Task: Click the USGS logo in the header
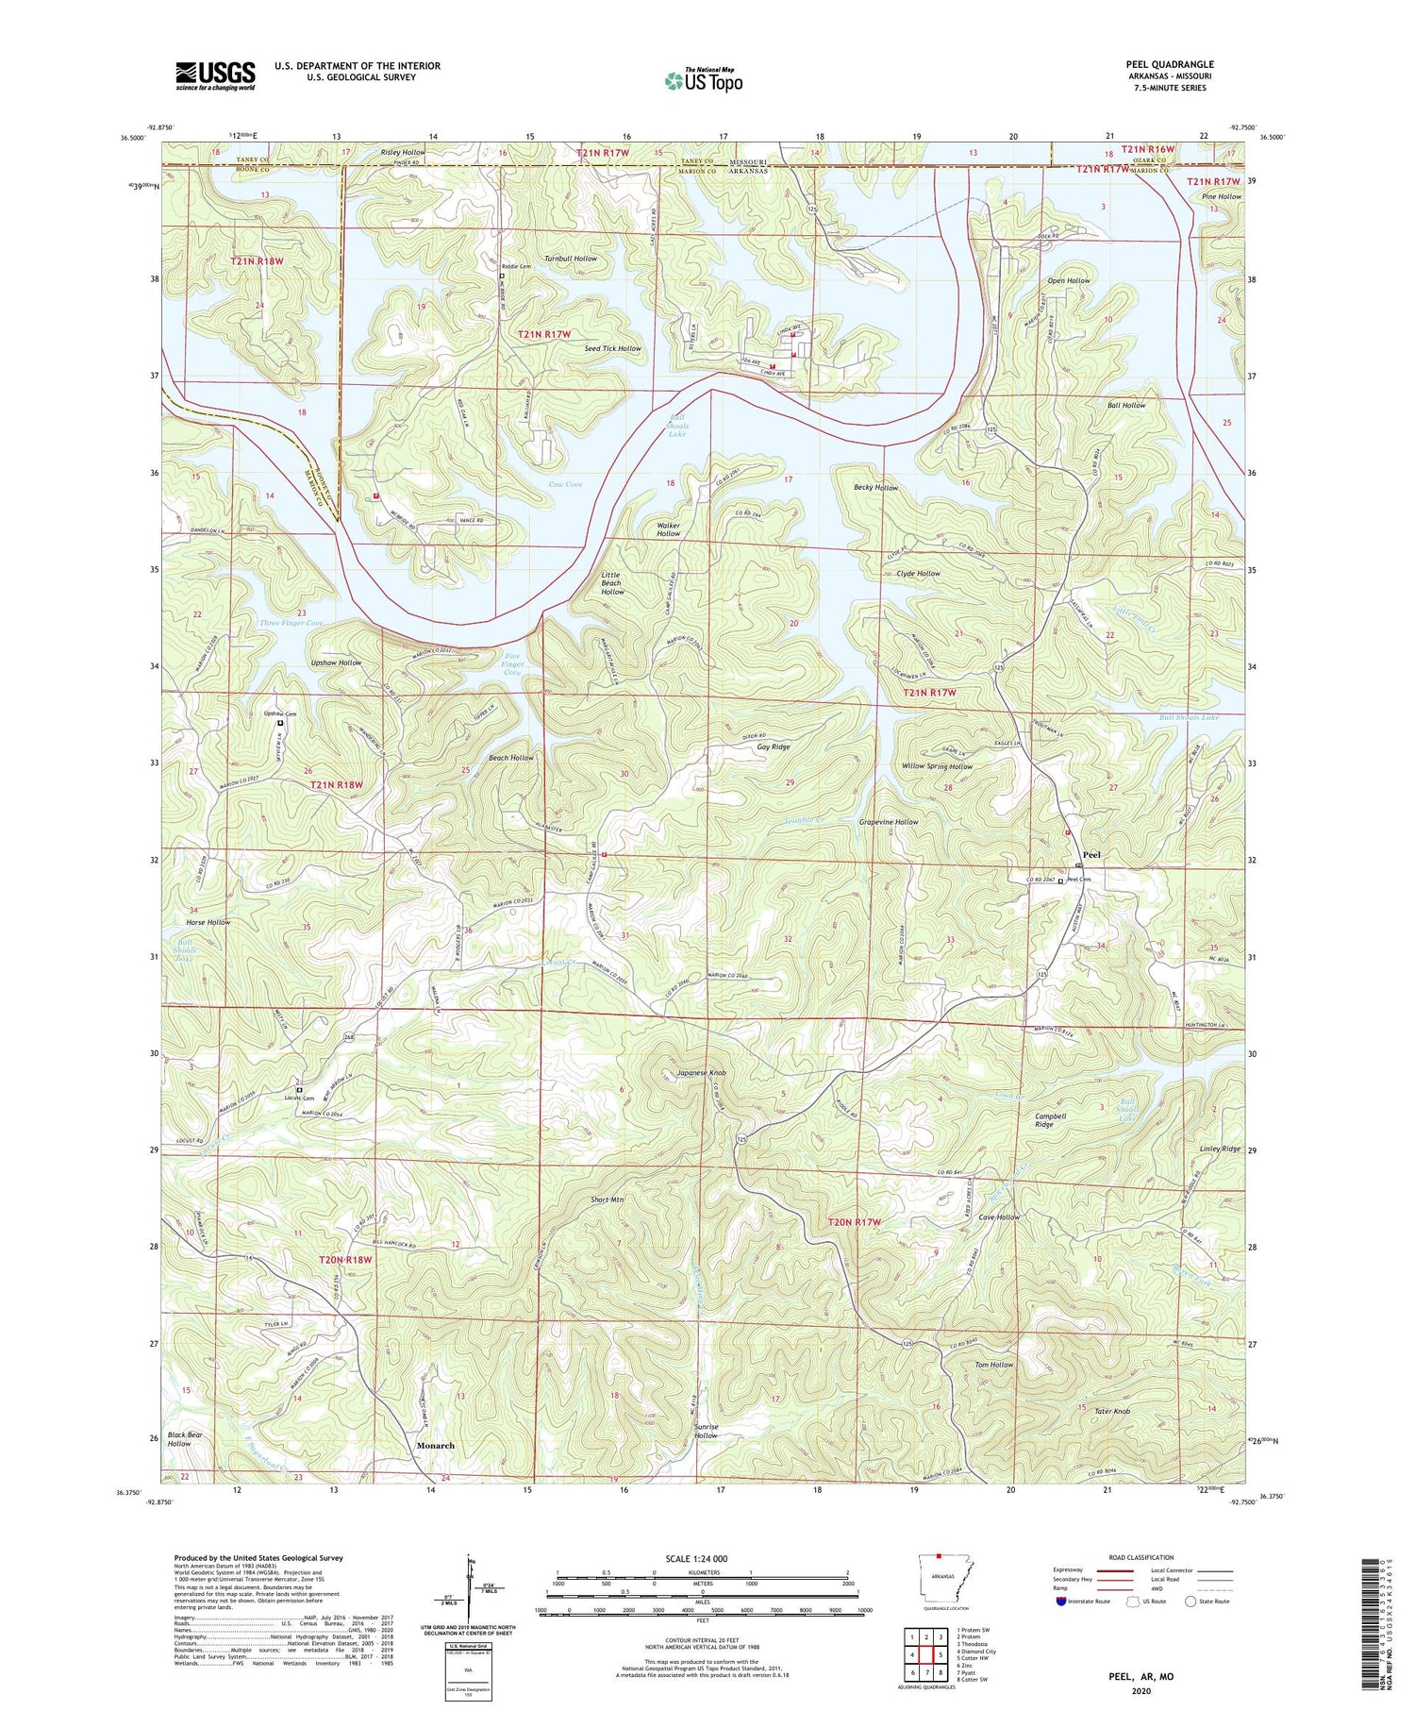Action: (215, 75)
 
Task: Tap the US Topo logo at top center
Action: (703, 81)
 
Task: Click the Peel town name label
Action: (1091, 854)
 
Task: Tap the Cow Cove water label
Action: (565, 484)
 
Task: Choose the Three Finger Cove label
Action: (291, 623)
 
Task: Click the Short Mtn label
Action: (607, 1199)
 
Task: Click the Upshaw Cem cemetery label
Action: (279, 713)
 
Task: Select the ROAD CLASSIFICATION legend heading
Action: (1141, 1557)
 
